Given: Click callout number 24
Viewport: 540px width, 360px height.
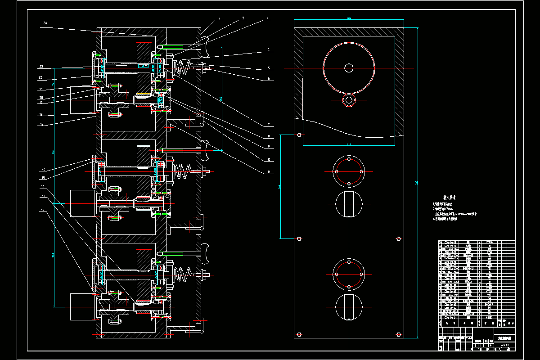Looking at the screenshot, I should (x=45, y=23).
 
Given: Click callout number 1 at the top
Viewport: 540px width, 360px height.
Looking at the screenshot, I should (x=220, y=19).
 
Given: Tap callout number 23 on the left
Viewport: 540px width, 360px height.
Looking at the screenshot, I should (x=40, y=67).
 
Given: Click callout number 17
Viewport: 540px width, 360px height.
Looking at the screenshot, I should (x=41, y=124).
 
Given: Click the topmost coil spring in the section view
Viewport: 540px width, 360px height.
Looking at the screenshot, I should (x=181, y=68).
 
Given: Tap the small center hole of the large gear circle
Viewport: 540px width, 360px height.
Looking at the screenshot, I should (x=349, y=68).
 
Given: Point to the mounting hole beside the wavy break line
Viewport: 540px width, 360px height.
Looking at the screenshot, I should (x=299, y=135).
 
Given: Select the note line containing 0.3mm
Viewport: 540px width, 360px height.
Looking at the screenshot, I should (x=445, y=209).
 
